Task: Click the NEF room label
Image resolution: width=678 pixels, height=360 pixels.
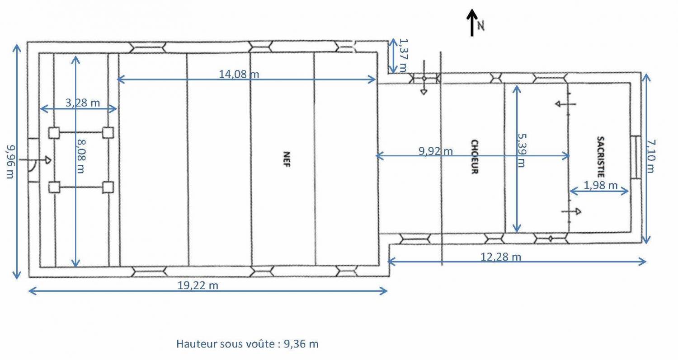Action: point(286,159)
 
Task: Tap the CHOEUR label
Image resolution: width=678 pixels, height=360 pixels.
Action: point(475,157)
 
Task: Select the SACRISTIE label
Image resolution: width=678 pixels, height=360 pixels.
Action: point(601,157)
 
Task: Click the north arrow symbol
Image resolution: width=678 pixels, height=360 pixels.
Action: point(472,23)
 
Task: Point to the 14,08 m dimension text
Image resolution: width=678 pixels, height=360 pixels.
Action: point(239,74)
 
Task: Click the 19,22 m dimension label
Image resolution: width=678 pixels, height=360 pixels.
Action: point(198,285)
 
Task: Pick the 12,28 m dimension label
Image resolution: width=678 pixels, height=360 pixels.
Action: point(501,257)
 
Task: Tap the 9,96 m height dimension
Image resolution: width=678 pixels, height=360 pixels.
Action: point(10,162)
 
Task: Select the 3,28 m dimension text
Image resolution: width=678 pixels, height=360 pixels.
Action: point(83,103)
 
